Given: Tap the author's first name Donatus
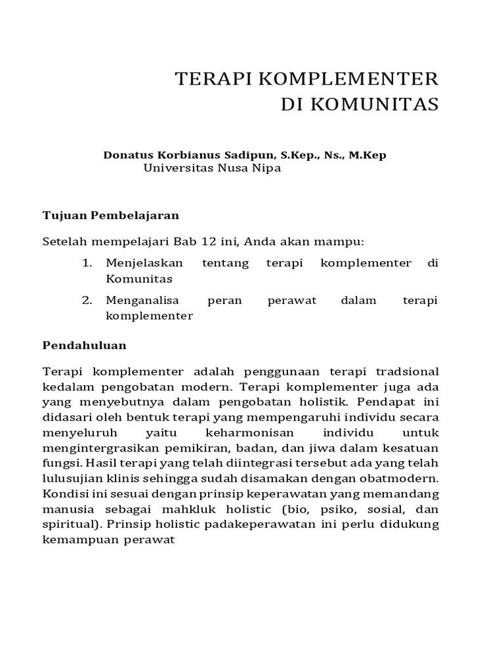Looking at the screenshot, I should (126, 155).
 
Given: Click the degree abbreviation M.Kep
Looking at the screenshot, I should (367, 155).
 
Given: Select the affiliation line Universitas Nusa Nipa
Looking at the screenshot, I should (212, 168).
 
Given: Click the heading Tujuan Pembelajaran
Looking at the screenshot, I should (111, 215).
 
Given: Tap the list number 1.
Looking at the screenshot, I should (86, 263).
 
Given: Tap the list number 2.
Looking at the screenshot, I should (86, 300).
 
